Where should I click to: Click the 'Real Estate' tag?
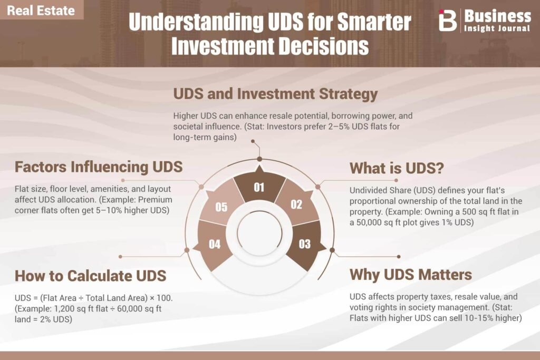click(x=41, y=10)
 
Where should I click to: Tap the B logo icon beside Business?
click(x=447, y=20)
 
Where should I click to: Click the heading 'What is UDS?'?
click(x=397, y=168)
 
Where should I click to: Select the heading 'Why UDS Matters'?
click(x=411, y=275)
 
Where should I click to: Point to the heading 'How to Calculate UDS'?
click(x=91, y=276)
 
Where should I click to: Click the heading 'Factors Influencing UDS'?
click(x=99, y=167)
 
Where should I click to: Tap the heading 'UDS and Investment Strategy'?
click(x=275, y=94)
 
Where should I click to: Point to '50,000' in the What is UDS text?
click(x=369, y=222)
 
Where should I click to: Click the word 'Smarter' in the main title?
click(x=374, y=22)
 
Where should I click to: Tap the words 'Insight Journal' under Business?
click(x=497, y=28)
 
